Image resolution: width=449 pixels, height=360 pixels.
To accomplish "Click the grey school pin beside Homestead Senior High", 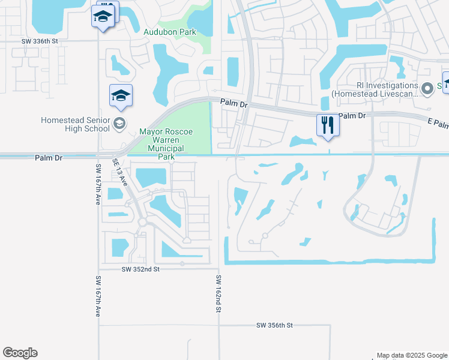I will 119,124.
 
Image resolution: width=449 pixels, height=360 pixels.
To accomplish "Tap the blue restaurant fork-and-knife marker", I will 328,125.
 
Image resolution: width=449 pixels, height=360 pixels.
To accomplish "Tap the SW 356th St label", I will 274,325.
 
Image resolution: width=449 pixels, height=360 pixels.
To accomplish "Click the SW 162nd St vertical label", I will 219,293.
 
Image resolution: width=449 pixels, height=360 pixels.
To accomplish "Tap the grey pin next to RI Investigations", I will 427,89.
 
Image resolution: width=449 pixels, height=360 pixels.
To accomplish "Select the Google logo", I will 20,353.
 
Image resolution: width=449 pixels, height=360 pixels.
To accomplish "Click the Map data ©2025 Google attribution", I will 412,355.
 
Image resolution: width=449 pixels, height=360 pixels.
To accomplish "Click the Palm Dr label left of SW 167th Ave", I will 49,158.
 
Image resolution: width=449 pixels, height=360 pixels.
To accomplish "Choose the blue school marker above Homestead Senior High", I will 121,96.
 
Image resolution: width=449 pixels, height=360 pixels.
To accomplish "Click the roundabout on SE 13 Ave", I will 143,223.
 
